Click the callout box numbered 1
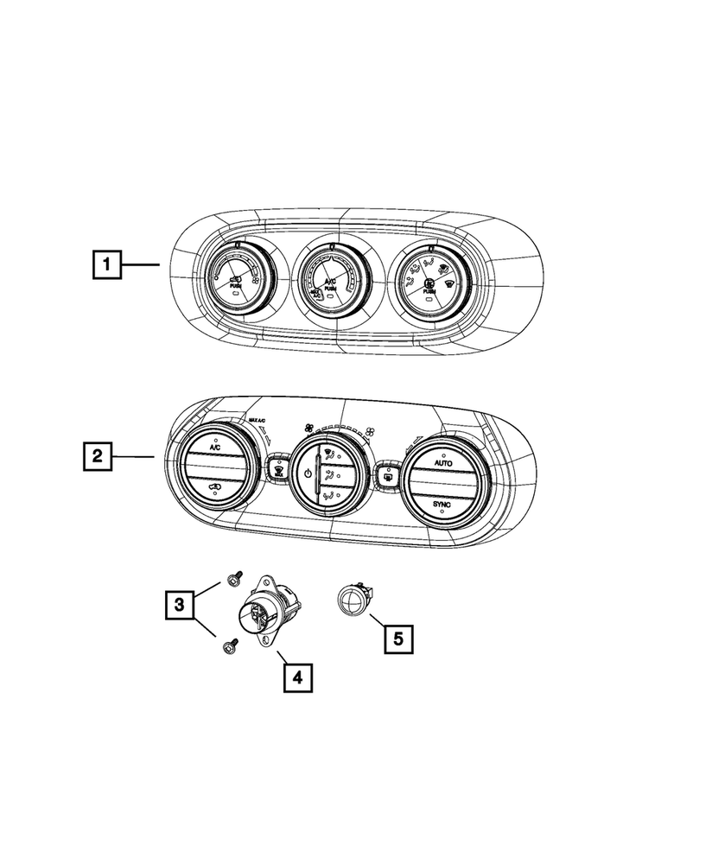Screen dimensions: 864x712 pyautogui.click(x=106, y=264)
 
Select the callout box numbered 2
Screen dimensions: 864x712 pyautogui.click(x=97, y=454)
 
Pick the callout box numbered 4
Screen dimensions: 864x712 pyautogui.click(x=297, y=677)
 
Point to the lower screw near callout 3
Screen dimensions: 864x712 pyautogui.click(x=230, y=645)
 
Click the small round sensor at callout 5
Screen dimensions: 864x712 pyautogui.click(x=353, y=599)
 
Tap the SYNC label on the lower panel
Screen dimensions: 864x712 pyautogui.click(x=442, y=502)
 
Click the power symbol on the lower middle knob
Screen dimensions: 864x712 pyautogui.click(x=308, y=473)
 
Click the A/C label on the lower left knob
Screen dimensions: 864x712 pyautogui.click(x=213, y=449)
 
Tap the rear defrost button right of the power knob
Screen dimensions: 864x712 pyautogui.click(x=388, y=474)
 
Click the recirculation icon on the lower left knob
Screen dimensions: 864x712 pyautogui.click(x=213, y=493)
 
